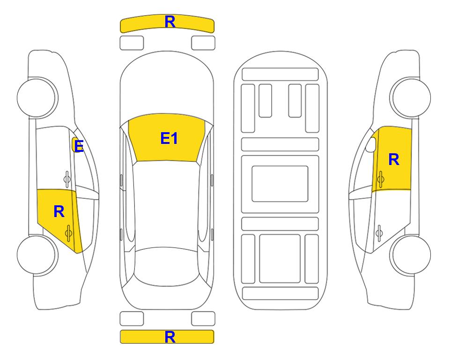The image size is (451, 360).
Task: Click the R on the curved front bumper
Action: coord(170,22)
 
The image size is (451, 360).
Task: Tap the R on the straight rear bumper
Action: coord(170,337)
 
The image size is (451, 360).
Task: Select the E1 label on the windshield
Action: coord(169,138)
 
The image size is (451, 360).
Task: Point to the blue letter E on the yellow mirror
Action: coord(79,146)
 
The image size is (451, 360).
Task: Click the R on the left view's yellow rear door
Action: coord(59,212)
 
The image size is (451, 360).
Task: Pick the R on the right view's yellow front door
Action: coord(394,159)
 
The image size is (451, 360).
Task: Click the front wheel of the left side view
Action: coord(37,97)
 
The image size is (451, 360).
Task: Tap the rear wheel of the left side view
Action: coord(37,255)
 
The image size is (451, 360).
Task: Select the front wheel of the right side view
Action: coord(411,97)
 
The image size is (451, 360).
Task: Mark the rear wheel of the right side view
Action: coord(411,255)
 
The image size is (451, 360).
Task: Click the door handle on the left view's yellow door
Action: coord(68,232)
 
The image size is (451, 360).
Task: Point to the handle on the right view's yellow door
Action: coord(380,179)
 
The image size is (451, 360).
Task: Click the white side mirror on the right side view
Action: coord(371,144)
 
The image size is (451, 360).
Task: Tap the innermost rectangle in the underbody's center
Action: coord(280,184)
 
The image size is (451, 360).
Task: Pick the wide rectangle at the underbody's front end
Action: coord(280,75)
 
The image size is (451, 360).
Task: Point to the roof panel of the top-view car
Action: coord(166,204)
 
